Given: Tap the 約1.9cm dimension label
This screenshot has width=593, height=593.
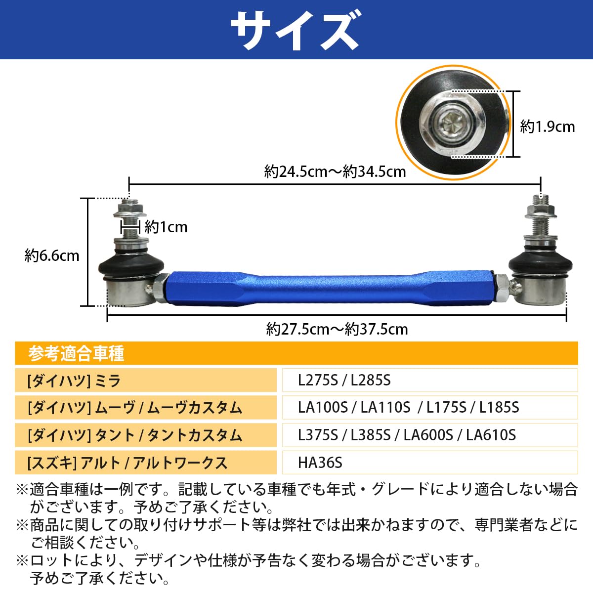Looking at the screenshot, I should [548, 127].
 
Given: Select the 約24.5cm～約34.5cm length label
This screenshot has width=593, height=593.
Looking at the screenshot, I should [335, 171].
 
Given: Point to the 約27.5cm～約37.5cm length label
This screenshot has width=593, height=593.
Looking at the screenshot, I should [337, 329].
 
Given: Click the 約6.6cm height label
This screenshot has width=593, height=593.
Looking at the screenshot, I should [52, 255].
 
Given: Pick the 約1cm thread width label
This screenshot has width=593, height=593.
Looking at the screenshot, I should [166, 227].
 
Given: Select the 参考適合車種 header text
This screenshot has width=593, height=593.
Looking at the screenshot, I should [76, 353].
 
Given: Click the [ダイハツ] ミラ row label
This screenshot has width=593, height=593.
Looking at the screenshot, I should [74, 381].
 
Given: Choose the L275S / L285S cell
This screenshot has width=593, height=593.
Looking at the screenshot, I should [344, 380].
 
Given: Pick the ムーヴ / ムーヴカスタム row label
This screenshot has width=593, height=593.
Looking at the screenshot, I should [135, 408].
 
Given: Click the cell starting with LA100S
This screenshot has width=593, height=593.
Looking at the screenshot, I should [408, 407].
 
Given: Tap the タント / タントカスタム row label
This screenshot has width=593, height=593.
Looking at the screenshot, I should [135, 435].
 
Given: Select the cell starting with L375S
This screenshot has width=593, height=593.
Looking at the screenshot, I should [407, 435].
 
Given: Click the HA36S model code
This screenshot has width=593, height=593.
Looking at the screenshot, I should [320, 463].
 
